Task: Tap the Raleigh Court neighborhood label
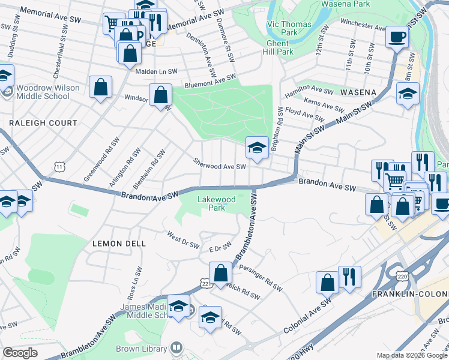click(x=43, y=123)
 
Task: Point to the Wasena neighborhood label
click(x=358, y=93)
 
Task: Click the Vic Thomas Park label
click(x=282, y=28)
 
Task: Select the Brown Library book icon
click(x=176, y=347)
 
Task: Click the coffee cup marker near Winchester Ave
click(x=396, y=38)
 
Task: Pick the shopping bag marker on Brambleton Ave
click(x=220, y=273)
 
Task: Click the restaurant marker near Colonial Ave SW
click(x=349, y=277)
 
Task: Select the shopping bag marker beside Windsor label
click(x=160, y=95)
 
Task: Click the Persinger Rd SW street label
click(x=260, y=277)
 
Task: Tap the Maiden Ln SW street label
click(x=156, y=71)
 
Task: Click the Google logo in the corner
click(x=20, y=353)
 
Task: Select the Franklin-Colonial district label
click(x=410, y=294)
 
